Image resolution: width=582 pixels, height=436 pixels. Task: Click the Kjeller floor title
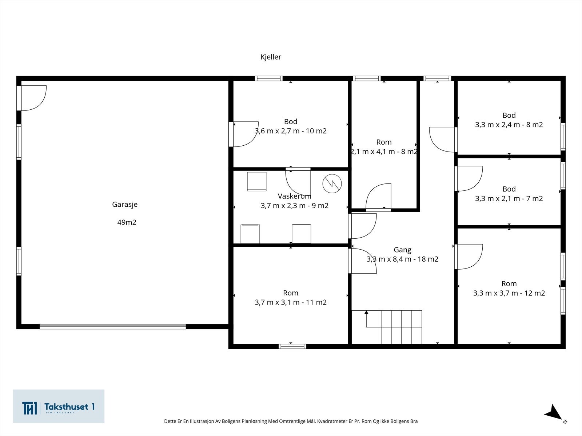pos(271,57)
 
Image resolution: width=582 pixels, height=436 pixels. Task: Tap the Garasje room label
pos(125,205)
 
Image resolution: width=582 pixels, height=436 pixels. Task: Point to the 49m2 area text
pos(127,222)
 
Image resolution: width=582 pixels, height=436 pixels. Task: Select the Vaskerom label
pos(294,196)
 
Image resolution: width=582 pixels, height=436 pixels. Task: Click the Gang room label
pos(403,250)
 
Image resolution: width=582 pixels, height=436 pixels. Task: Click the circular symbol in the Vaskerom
pos(332,183)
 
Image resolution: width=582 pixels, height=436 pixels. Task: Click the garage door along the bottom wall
pos(113,326)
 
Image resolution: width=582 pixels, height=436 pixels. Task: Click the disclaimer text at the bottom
pos(291,421)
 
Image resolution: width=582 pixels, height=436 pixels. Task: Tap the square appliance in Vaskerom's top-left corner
pos(257,181)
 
